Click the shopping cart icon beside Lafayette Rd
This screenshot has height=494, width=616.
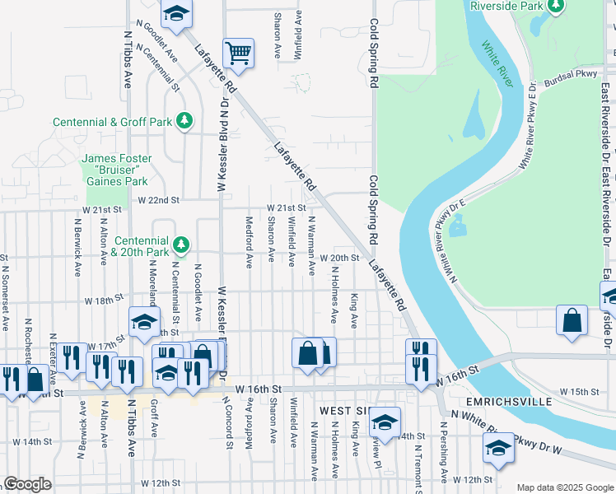(238, 53)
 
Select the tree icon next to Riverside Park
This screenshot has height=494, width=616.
(556, 6)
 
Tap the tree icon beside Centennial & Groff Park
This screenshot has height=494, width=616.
(185, 121)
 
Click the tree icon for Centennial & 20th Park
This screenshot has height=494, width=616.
(185, 245)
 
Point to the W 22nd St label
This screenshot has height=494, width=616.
(158, 200)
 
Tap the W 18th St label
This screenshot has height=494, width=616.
(108, 301)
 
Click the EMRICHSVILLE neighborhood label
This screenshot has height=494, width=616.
(502, 403)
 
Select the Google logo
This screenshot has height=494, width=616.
(27, 484)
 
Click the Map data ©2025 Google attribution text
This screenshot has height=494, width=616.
(564, 487)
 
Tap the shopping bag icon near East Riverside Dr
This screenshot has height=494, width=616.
(572, 320)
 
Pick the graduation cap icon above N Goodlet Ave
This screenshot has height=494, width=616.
(176, 13)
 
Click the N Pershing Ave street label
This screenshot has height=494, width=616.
(443, 453)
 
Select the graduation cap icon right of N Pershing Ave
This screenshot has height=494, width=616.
(498, 449)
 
